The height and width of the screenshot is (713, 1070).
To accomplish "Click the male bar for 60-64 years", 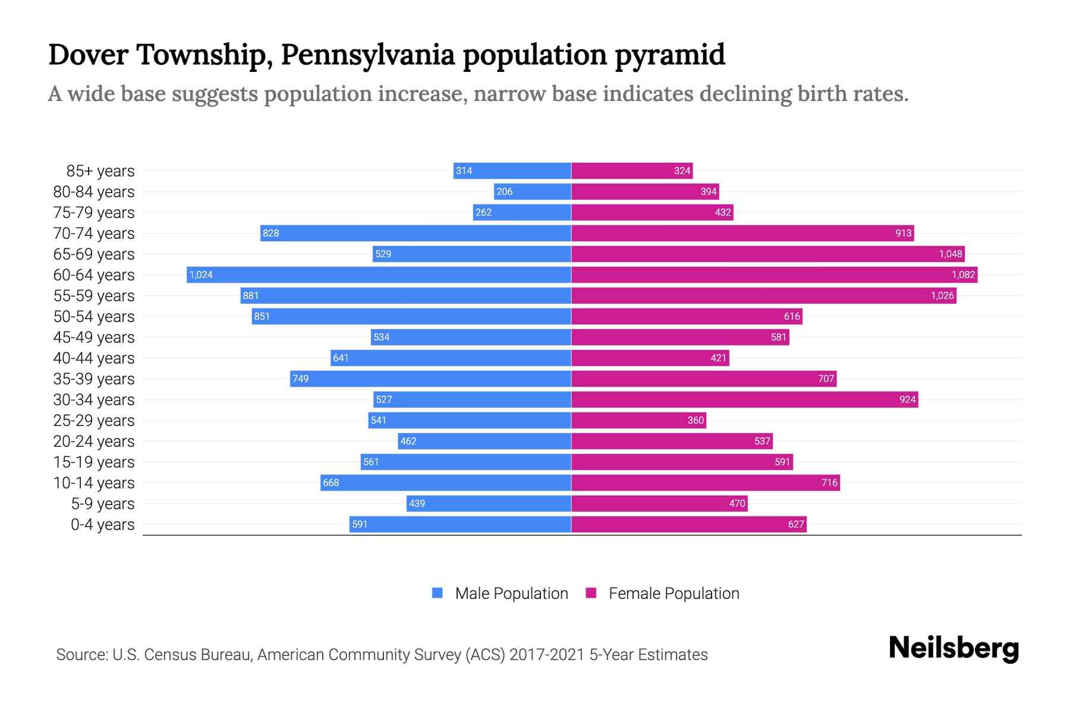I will (x=379, y=275).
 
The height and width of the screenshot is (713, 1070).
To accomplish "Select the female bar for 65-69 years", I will (x=767, y=254).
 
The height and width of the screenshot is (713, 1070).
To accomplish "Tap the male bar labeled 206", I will (x=532, y=191).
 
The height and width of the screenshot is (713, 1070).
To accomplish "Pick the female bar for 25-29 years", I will (x=638, y=420).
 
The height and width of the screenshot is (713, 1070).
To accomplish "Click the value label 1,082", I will (x=963, y=275).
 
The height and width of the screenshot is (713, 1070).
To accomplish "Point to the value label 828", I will (x=271, y=233).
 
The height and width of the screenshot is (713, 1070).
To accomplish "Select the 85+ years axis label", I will (x=100, y=171).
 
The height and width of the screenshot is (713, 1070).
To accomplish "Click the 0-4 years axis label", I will (x=103, y=525).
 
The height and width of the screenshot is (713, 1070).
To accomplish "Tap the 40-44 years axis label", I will (x=94, y=358).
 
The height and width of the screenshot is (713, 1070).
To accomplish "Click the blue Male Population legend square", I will (x=438, y=593).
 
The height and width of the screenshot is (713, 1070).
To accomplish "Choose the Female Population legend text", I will (x=674, y=594).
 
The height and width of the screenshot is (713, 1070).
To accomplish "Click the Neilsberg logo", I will (x=953, y=648).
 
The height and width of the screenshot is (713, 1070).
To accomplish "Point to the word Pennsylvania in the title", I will (x=369, y=55).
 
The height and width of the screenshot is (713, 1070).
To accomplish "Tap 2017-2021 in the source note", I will (x=547, y=655).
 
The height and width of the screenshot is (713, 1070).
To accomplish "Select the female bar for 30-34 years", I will (x=744, y=399).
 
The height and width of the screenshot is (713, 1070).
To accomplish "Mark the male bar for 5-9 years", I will (x=489, y=503).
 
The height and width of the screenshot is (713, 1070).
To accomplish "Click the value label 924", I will (x=907, y=399).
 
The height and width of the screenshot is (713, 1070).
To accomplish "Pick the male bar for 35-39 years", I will (x=430, y=378).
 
